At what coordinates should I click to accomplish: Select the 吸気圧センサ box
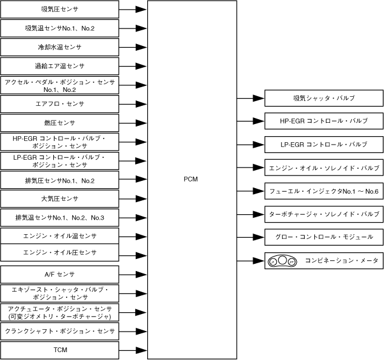(x=59, y=10)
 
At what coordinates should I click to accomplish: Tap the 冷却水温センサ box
(x=59, y=47)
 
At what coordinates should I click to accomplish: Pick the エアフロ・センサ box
(x=59, y=104)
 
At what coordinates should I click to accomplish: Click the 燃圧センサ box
(x=59, y=123)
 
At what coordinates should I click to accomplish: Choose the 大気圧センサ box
(x=59, y=198)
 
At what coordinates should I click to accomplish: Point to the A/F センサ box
(x=59, y=274)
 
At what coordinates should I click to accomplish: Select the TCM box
(x=59, y=350)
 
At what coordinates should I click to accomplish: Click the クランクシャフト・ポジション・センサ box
(x=59, y=331)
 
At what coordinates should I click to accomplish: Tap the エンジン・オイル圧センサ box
(x=59, y=252)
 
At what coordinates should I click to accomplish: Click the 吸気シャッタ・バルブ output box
(x=323, y=98)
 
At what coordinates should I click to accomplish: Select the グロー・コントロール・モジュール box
(x=323, y=237)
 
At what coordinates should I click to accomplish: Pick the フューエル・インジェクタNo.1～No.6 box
(x=323, y=191)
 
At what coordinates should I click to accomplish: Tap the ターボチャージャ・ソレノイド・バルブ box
(x=323, y=214)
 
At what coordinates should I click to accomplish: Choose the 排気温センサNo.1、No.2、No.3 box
(x=59, y=217)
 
